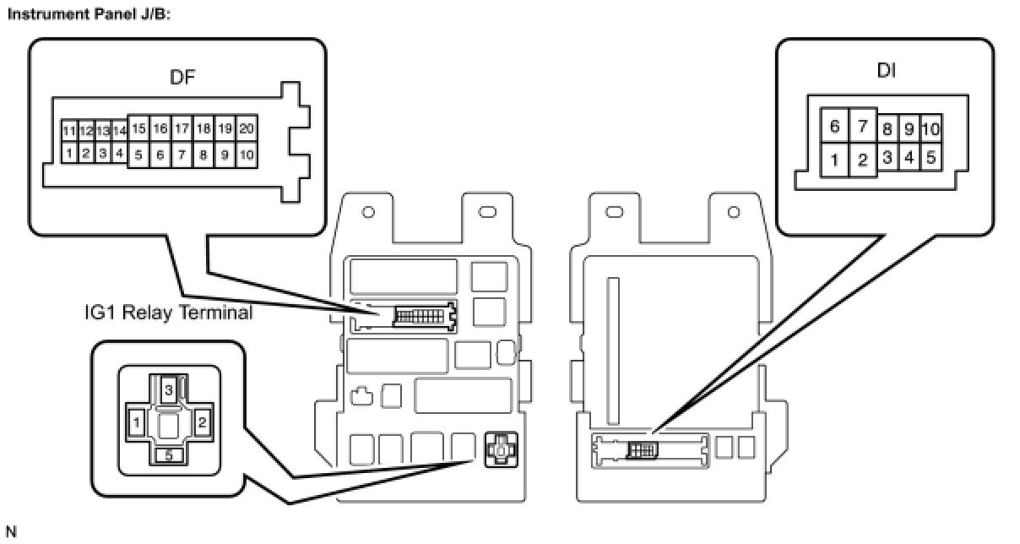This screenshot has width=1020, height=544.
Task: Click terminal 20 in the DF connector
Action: pyautogui.click(x=247, y=129)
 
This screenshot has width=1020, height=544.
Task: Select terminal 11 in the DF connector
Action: pyautogui.click(x=69, y=131)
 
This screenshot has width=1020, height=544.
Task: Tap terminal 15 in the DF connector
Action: pyautogui.click(x=139, y=129)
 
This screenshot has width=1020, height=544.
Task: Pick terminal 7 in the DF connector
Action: pyautogui.click(x=182, y=155)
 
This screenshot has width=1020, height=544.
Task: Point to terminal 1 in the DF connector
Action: pyautogui.click(x=69, y=154)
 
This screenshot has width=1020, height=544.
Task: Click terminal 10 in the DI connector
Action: pyautogui.click(x=930, y=129)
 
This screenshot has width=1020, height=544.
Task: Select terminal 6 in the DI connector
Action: pyautogui.click(x=834, y=127)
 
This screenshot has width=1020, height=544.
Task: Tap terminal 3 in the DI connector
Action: pyautogui.click(x=887, y=157)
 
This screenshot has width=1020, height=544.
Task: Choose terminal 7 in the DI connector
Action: pyautogui.click(x=863, y=127)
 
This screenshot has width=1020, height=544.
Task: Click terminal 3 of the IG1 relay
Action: pyautogui.click(x=169, y=389)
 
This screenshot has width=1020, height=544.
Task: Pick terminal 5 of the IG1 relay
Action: pyautogui.click(x=169, y=455)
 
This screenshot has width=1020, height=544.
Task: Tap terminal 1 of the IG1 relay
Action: pyautogui.click(x=136, y=420)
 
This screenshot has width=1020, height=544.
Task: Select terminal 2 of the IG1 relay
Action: pyautogui.click(x=202, y=420)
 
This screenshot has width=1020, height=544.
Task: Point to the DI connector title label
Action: pyautogui.click(x=886, y=71)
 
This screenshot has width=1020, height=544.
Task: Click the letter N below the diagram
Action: pyautogui.click(x=11, y=532)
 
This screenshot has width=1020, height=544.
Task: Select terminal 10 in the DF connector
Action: pyautogui.click(x=247, y=155)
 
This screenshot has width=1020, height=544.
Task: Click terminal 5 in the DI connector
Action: pyautogui.click(x=930, y=157)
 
